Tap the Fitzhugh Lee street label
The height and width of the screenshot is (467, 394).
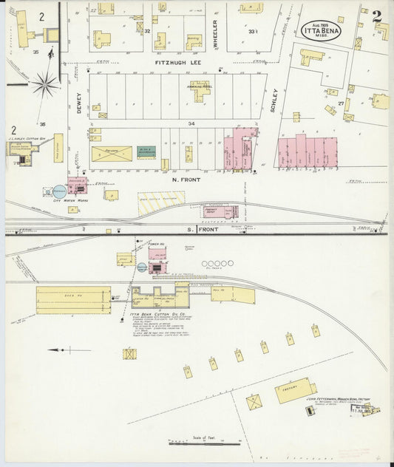178,64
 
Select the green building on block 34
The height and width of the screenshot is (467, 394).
146,152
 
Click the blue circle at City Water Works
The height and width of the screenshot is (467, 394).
59,191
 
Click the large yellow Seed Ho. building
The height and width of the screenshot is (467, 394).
73,300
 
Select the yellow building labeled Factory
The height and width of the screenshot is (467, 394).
295,389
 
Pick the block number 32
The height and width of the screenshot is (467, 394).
147,31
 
